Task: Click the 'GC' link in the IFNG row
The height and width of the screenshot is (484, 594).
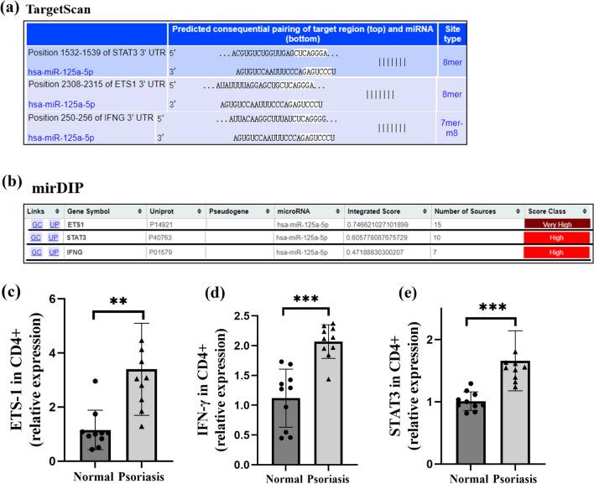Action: pyautogui.click(x=37, y=252)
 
